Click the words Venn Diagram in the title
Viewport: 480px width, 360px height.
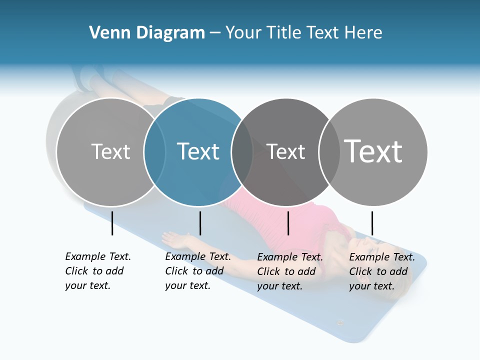147,33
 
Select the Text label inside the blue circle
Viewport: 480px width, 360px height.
198,151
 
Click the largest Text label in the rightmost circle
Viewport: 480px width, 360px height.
373,151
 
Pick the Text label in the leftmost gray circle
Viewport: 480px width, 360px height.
110,151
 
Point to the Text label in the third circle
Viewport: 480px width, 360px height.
286,151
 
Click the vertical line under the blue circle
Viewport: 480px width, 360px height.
200,223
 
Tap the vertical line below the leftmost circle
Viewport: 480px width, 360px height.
112,223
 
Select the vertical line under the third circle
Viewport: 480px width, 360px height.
288,223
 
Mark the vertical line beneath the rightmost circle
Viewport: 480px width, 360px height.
372,223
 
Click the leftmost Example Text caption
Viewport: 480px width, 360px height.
98,271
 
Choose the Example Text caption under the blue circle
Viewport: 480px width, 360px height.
198,271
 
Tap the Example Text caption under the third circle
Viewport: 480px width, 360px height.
290,271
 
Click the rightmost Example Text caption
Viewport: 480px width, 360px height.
382,271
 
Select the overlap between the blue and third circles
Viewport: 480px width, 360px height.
242,152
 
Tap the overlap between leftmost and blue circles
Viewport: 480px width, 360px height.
154,152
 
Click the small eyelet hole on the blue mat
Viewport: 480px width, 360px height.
340,322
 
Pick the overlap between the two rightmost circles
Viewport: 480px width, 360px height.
329,152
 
